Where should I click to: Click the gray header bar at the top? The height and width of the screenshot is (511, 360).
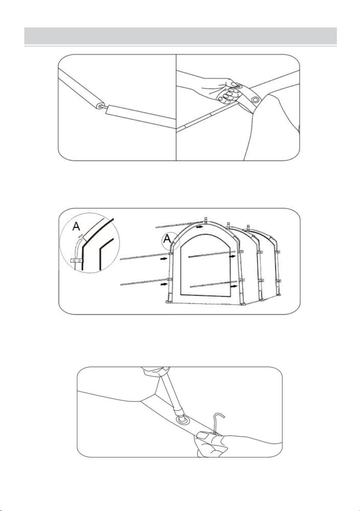pyautogui.click(x=181, y=36)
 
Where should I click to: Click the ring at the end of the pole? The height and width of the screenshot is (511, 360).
pyautogui.click(x=100, y=106)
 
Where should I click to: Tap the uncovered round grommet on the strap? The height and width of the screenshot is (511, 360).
pyautogui.click(x=255, y=100)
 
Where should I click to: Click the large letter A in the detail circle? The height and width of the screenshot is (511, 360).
pyautogui.click(x=76, y=227)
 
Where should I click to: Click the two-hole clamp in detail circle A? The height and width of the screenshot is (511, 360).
pyautogui.click(x=76, y=261)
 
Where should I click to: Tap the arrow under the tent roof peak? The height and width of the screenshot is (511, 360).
pyautogui.click(x=199, y=227)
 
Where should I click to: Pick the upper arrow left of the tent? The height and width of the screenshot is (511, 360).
pyautogui.click(x=164, y=259)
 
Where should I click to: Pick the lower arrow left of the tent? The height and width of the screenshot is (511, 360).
pyautogui.click(x=164, y=284)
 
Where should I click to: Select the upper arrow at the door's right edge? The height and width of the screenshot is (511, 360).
pyautogui.click(x=233, y=256)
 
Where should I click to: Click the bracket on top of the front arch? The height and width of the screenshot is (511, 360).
pyautogui.click(x=205, y=220)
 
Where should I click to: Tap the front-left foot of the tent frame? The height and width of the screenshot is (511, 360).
pyautogui.click(x=168, y=302)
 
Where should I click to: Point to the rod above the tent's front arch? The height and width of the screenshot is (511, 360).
pyautogui.click(x=179, y=225)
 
